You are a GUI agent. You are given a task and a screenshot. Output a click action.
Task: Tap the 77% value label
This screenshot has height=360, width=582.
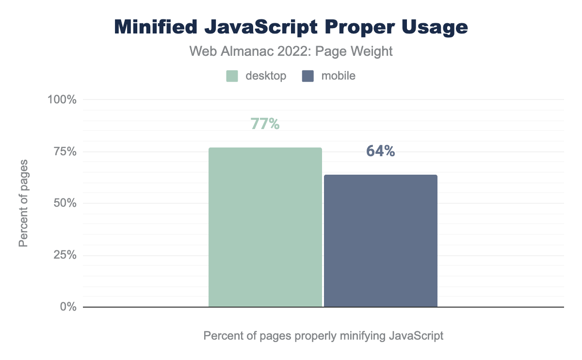point(265,124)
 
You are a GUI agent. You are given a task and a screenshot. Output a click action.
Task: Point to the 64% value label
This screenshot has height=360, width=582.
point(381,151)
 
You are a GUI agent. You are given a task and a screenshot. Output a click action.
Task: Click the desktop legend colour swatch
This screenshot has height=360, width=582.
point(232,76)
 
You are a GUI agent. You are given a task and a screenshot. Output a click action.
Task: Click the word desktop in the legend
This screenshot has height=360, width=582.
point(266,76)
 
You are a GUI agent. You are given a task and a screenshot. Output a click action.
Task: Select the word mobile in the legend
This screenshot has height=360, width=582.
point(338,76)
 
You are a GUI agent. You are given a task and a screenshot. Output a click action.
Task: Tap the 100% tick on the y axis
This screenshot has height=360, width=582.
point(62,100)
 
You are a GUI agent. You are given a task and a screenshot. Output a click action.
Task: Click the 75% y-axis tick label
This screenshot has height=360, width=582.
point(65,152)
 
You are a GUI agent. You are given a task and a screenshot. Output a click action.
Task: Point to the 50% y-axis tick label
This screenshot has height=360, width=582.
point(65,203)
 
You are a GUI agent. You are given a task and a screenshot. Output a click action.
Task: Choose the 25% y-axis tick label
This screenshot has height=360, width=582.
point(65,255)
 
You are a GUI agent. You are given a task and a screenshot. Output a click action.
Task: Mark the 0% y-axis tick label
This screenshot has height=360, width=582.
point(68,307)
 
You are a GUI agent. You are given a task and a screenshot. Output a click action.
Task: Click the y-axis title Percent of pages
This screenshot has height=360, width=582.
point(23,202)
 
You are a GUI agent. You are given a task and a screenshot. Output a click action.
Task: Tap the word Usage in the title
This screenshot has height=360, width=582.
point(437,27)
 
